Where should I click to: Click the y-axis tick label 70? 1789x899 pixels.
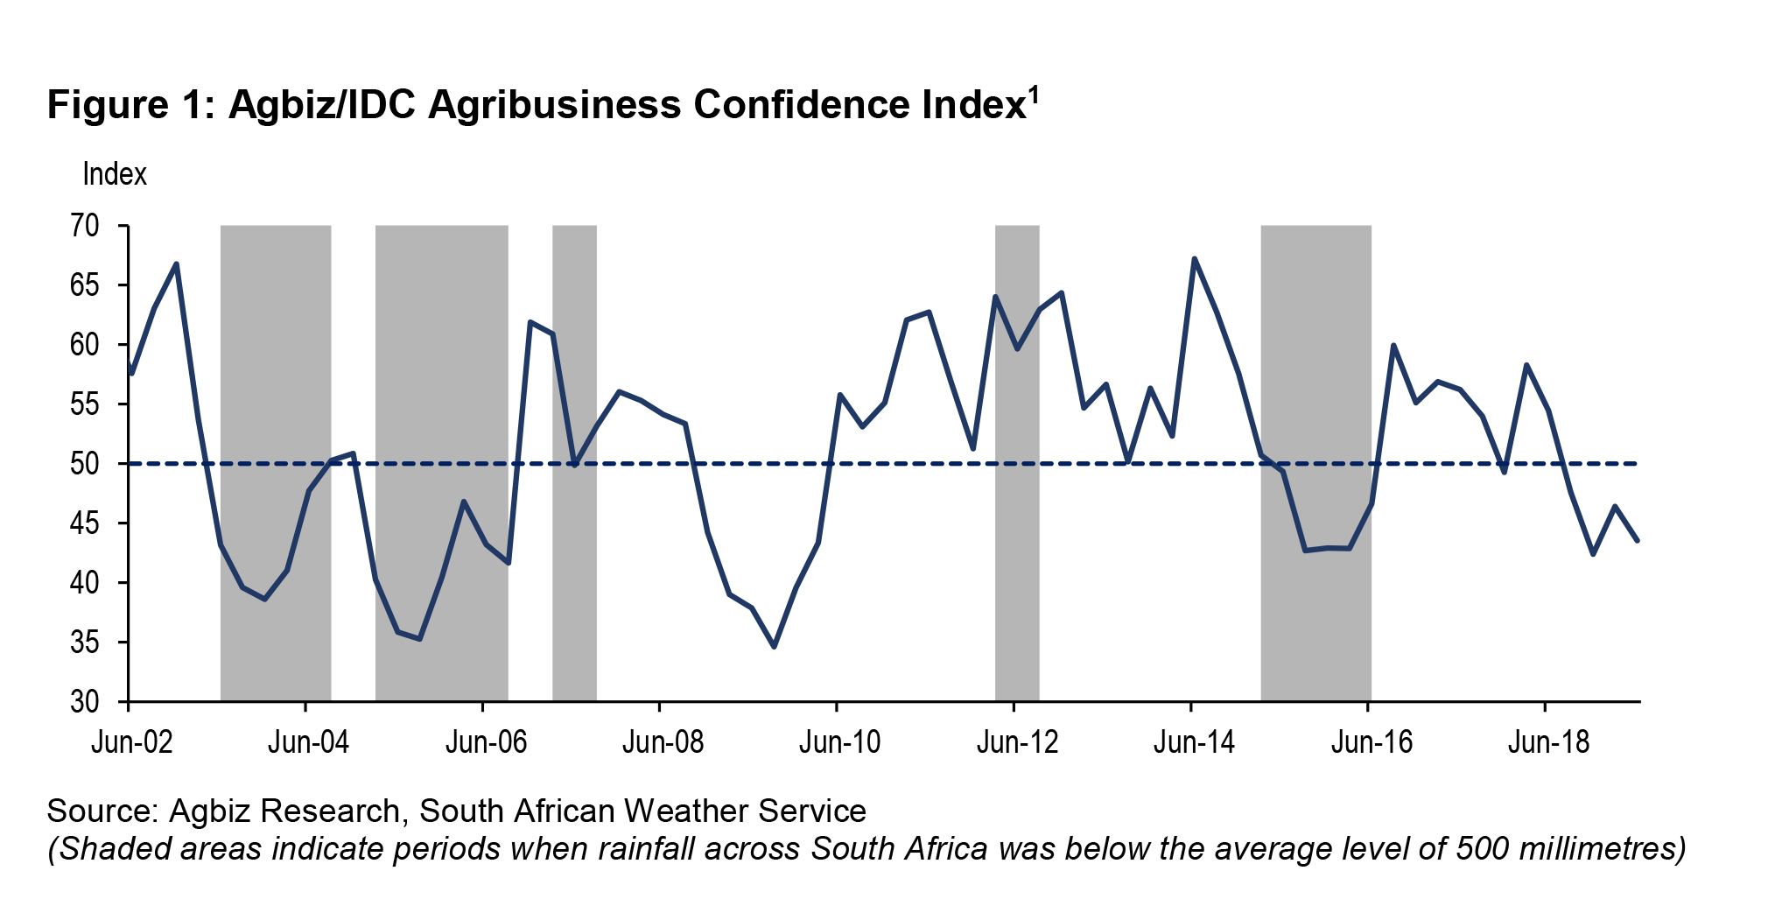[85, 227]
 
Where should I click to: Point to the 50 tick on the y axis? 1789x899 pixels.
[85, 464]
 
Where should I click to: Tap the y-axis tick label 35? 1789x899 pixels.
[85, 643]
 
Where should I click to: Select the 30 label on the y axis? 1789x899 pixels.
[85, 702]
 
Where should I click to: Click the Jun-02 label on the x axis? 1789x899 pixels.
[132, 743]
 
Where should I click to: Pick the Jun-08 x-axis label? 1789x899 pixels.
[663, 743]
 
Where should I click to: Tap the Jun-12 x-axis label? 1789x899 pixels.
[1017, 743]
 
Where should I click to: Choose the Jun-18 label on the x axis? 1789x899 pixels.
[1547, 743]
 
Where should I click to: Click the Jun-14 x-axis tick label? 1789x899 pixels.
[1194, 743]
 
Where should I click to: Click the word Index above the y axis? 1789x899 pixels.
[114, 174]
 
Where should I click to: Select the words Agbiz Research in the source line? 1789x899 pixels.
[284, 811]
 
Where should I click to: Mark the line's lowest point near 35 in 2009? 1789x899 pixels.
[774, 647]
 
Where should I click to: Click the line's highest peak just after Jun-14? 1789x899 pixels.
[1194, 258]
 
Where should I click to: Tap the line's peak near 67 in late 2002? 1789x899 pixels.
[177, 263]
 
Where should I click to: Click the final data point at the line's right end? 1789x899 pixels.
[1638, 541]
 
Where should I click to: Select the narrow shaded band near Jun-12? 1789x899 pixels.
[1017, 463]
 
